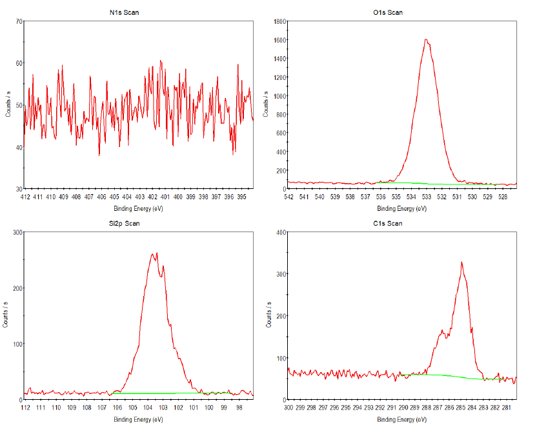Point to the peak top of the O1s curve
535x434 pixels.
click(x=426, y=39)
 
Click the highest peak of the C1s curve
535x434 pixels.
click(x=461, y=262)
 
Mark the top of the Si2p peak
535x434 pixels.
click(x=157, y=253)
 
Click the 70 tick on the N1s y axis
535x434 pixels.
click(x=19, y=21)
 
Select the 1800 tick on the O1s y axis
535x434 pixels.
click(x=279, y=21)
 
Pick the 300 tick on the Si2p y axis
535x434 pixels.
click(x=17, y=232)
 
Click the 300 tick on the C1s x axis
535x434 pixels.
click(x=288, y=408)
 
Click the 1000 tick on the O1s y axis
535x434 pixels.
click(x=279, y=96)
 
